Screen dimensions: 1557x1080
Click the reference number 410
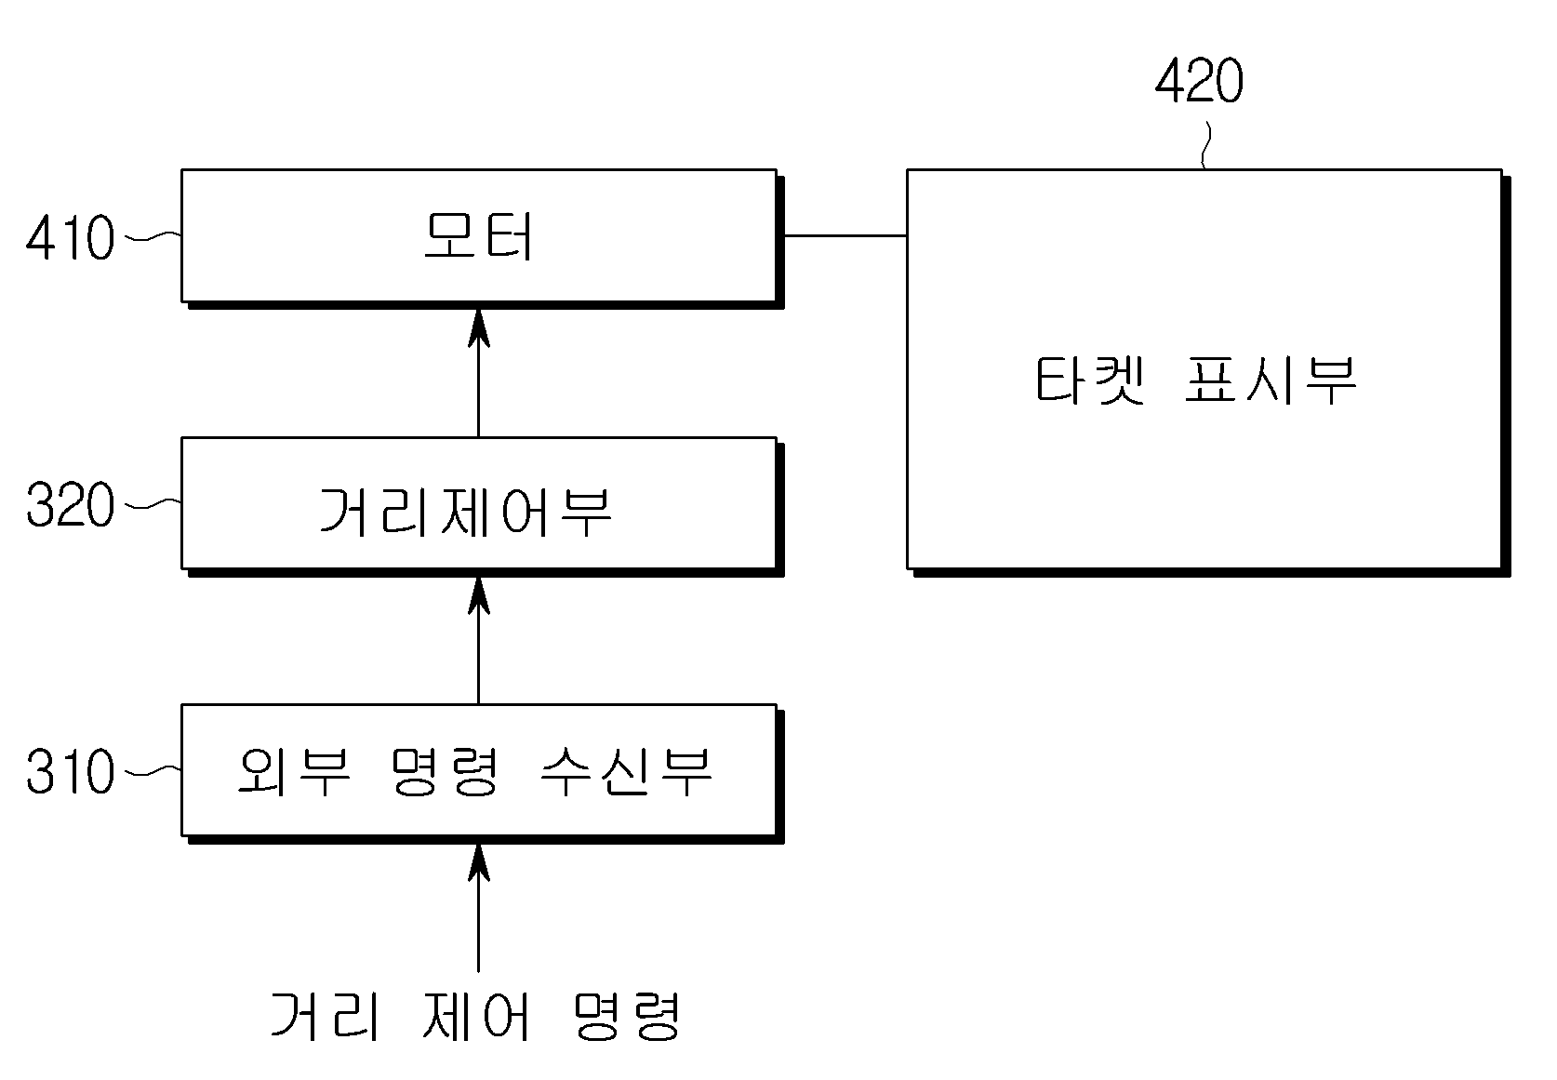70,237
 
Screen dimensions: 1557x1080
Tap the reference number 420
1199,81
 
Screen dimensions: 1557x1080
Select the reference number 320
70,504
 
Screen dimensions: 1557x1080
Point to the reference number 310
70,771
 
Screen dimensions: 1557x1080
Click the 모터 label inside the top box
479,236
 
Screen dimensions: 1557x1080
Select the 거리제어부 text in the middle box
465,512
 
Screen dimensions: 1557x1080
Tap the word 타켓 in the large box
1089,380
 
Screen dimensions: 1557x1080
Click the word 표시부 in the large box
1271,380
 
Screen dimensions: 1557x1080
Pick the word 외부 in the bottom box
293,771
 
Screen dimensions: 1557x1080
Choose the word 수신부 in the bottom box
626,771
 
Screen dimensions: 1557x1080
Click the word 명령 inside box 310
445,771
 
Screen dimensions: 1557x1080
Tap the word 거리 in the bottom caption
325,1016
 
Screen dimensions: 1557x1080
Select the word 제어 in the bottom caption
476,1016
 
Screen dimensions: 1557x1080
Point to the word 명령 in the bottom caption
627,1016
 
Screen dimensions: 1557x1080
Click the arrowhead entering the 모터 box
478,328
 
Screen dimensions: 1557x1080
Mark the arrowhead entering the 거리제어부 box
478,595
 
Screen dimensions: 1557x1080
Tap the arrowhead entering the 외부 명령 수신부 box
478,863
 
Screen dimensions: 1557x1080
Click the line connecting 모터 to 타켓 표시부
845,235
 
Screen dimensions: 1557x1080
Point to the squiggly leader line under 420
1206,145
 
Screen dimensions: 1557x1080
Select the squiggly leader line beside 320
153,503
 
